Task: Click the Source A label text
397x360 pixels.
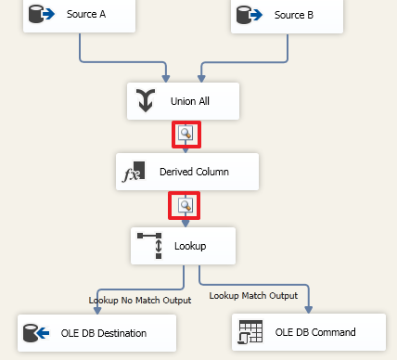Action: point(85,15)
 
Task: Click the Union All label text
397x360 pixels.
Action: point(190,102)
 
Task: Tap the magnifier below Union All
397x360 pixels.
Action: point(186,134)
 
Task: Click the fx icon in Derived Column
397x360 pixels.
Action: point(135,173)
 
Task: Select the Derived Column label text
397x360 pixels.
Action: point(194,173)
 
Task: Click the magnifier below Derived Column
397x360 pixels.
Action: point(186,205)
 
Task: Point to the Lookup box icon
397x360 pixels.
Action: point(150,246)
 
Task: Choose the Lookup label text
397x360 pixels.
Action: point(189,246)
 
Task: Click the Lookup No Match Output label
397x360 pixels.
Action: point(139,300)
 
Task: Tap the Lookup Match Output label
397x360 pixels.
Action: point(253,295)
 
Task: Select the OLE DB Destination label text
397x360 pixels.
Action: point(105,331)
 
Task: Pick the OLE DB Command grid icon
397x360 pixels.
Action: point(250,331)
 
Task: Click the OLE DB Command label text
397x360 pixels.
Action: point(316,331)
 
